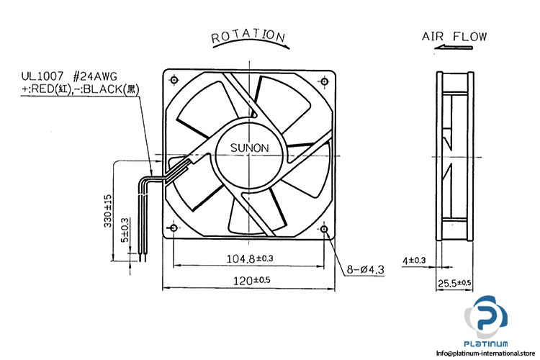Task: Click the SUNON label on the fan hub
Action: (x=249, y=148)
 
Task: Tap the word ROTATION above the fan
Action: (x=249, y=36)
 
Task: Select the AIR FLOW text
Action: (x=454, y=36)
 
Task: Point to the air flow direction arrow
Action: (x=454, y=49)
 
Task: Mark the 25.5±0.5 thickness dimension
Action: (x=454, y=284)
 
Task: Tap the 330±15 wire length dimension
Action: (x=108, y=209)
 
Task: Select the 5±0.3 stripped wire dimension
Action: (x=125, y=230)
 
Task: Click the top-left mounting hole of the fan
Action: (x=174, y=80)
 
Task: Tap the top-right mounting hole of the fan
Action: (x=325, y=80)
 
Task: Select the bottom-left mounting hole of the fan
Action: (x=174, y=230)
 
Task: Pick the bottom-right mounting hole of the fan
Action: (x=325, y=230)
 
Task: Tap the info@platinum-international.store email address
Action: (x=487, y=353)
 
